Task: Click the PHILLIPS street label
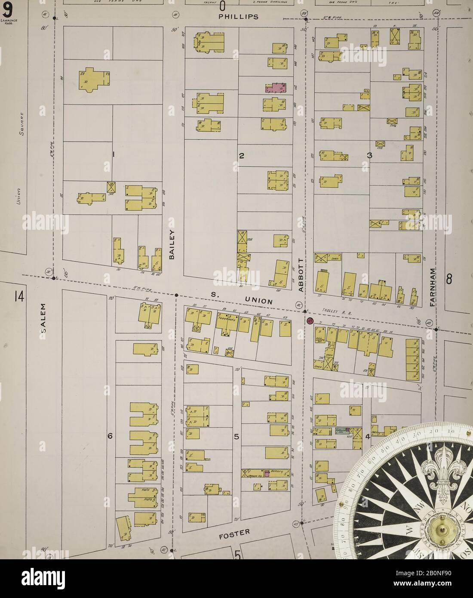tap(238, 17)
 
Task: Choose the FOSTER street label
tap(234, 533)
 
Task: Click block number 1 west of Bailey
tap(114, 154)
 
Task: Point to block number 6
tap(110, 436)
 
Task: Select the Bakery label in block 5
tap(277, 472)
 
